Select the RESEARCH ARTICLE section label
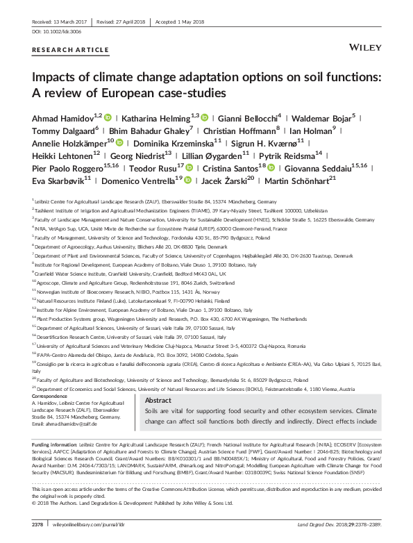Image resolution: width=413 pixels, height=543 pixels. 60,51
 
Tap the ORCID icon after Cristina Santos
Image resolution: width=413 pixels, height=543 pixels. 271,168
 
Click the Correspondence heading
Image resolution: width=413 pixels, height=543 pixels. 53,396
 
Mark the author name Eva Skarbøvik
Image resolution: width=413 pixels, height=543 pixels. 58,181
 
